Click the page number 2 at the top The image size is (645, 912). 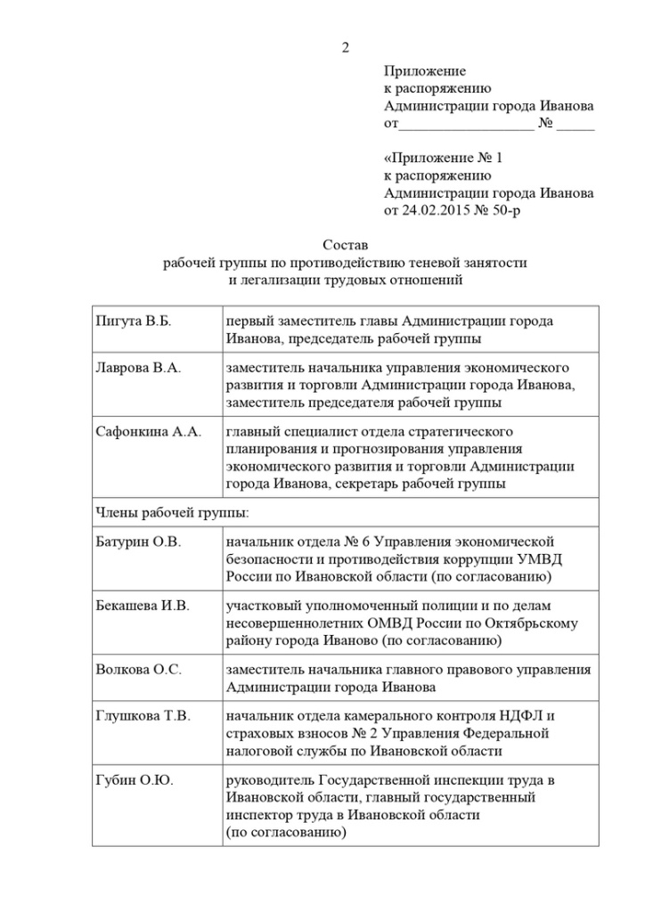point(346,47)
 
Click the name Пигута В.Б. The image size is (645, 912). point(133,322)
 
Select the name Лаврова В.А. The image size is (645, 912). point(138,368)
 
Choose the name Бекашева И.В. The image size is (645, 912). point(143,606)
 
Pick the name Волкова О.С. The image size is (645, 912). point(138,670)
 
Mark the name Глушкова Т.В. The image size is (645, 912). point(143,716)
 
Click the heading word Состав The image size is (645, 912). point(346,245)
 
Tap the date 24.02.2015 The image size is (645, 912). point(433,210)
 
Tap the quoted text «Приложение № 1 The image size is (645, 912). point(444,159)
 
